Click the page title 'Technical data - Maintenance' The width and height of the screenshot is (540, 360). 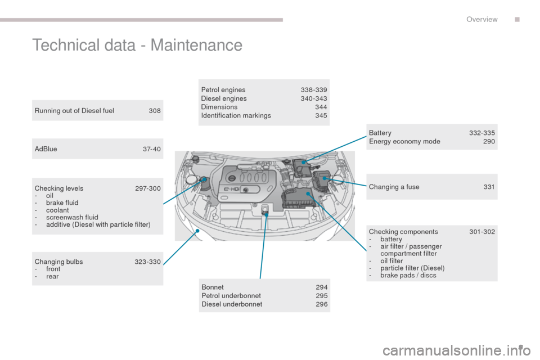[137, 45]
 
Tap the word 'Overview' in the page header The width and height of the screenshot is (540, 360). [482, 19]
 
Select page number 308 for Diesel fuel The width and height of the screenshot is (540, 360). [155, 111]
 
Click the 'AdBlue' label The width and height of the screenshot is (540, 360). [46, 149]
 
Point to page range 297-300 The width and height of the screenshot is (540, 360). [148, 188]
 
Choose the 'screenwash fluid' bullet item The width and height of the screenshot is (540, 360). [72, 217]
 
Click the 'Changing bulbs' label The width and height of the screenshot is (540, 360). [58, 262]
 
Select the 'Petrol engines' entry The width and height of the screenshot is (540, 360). [223, 90]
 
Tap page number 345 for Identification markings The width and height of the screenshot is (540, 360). [321, 115]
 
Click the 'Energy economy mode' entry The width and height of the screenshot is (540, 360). [404, 141]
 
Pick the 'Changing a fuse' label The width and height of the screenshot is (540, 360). [394, 187]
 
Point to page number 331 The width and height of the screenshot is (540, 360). [489, 187]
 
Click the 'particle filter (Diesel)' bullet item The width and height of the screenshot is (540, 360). [412, 268]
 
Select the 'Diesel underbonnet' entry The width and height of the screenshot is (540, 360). [232, 304]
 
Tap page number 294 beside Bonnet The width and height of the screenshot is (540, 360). [321, 287]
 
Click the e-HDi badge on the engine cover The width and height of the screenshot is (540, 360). [231, 189]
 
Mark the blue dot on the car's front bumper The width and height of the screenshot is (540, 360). [197, 231]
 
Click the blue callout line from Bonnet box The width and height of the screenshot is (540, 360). [263, 247]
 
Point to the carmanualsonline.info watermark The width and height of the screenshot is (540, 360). [456, 350]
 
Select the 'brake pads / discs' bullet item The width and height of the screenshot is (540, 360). [408, 275]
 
